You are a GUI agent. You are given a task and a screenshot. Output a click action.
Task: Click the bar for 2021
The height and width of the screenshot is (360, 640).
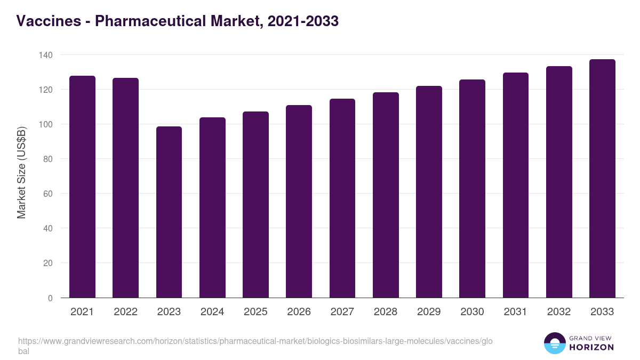[82, 187]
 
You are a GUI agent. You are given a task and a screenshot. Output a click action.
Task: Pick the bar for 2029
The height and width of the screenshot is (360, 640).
[429, 192]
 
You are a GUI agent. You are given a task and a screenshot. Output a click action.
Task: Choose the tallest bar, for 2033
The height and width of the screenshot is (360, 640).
[602, 179]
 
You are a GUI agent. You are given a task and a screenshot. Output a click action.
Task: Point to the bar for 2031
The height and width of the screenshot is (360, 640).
[516, 185]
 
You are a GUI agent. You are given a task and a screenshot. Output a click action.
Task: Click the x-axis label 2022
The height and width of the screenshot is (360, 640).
[125, 312]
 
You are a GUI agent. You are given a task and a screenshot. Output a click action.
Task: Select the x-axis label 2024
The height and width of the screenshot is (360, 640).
[212, 312]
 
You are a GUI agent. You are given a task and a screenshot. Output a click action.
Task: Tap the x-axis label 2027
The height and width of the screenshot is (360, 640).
[342, 312]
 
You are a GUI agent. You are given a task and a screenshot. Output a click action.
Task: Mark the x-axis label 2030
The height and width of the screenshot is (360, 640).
[472, 312]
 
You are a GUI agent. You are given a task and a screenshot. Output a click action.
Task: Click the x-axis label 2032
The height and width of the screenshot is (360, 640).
[559, 312]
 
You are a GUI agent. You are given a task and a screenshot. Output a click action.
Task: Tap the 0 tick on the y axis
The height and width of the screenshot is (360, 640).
[50, 298]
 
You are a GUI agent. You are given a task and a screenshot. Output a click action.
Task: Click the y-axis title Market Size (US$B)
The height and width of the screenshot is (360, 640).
[21, 173]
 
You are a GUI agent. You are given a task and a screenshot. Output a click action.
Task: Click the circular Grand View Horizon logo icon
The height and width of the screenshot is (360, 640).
[555, 343]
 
